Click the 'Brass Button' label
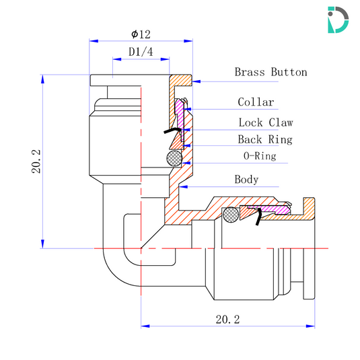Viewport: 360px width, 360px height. tap(271, 72)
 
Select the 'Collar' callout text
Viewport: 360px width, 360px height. tap(256, 102)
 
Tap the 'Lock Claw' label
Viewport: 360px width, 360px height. tap(265, 122)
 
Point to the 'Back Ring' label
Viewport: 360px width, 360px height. tap(264, 139)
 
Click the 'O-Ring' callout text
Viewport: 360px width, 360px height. tap(259, 156)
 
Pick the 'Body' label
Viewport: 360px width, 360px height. tap(246, 180)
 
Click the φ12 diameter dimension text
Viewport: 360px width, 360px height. tap(141, 34)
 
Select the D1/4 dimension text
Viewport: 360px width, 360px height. tap(140, 52)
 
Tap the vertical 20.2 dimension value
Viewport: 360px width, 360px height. tap(36, 162)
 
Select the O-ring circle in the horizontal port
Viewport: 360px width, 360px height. tap(231, 215)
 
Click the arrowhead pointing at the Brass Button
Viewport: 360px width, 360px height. tap(195, 81)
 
